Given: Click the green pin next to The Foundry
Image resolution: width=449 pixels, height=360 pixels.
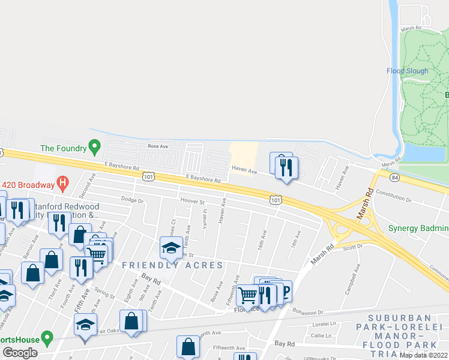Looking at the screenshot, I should [94, 146].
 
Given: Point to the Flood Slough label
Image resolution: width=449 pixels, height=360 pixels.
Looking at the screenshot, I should [408, 71].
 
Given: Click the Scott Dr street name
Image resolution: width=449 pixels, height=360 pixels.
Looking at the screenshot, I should [352, 246].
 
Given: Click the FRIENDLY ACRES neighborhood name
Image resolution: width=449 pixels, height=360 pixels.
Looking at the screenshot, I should [172, 265].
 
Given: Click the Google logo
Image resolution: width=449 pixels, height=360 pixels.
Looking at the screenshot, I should [20, 353].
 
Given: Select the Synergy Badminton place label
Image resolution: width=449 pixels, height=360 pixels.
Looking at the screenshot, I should [418, 228].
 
